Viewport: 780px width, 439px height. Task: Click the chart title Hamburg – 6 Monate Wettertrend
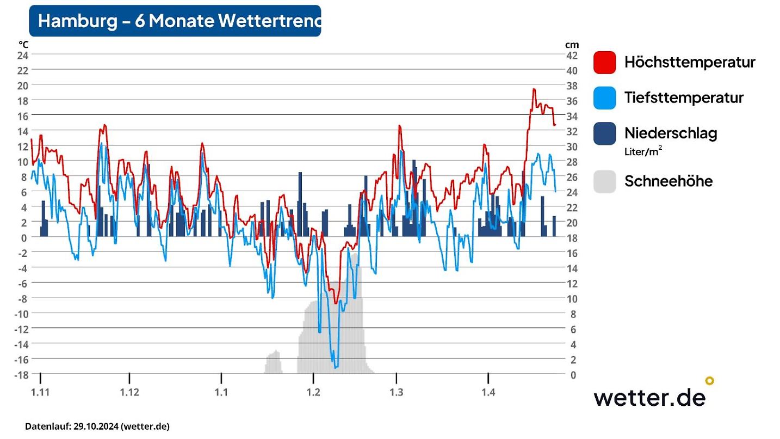point(175,21)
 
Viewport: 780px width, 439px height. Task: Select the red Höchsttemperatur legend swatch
point(604,62)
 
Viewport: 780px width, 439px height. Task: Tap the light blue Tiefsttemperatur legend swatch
point(604,98)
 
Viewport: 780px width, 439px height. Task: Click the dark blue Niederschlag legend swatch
point(604,133)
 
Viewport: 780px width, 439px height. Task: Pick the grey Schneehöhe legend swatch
point(604,181)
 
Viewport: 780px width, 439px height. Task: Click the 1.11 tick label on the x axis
point(40,393)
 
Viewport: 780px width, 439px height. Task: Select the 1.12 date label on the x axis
point(129,393)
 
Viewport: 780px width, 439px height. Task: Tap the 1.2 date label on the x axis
point(313,393)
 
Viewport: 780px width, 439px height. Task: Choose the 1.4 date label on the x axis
point(488,393)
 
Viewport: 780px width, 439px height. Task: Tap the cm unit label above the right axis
point(572,45)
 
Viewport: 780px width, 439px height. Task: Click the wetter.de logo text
point(649,397)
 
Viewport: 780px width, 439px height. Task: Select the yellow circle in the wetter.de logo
point(709,381)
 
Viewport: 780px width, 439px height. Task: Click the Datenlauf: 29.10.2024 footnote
point(98,426)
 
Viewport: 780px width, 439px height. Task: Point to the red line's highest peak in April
point(534,89)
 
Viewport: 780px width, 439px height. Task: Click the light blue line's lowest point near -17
point(336,368)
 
